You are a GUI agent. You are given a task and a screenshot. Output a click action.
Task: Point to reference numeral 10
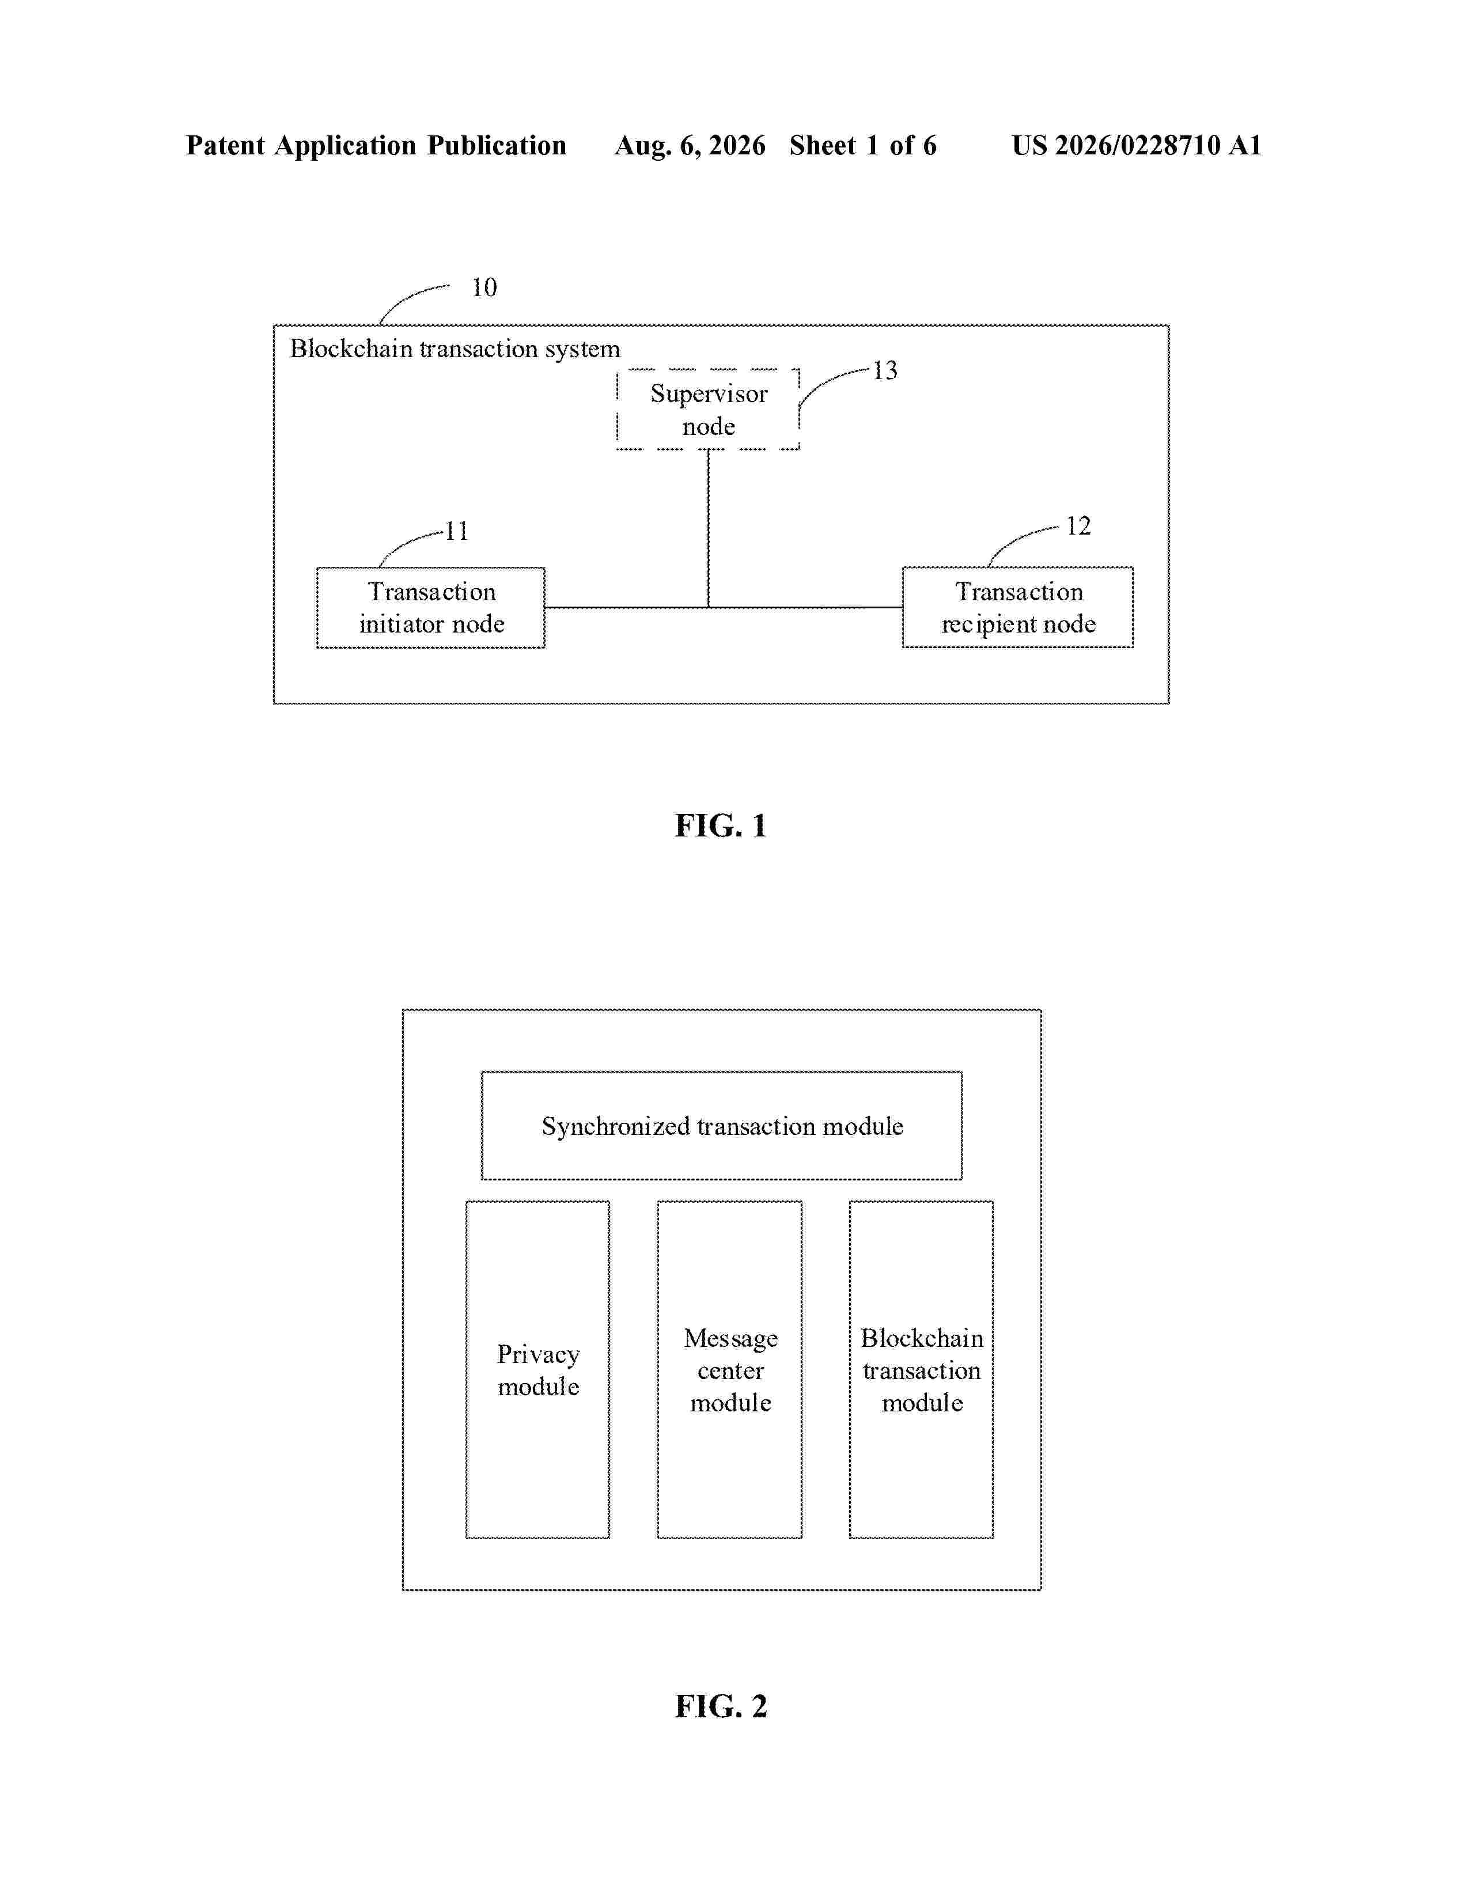[484, 287]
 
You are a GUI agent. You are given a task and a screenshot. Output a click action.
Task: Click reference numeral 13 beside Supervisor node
[885, 371]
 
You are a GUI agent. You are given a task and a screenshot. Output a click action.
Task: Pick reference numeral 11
[457, 531]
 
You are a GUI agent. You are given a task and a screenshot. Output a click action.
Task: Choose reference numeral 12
[1078, 526]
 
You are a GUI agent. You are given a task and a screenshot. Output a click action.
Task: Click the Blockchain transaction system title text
[455, 349]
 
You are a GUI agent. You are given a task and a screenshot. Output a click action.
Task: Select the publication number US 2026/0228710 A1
[1137, 145]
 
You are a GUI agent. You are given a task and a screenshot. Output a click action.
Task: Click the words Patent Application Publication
[376, 145]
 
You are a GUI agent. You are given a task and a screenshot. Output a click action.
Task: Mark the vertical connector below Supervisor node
[709, 528]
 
